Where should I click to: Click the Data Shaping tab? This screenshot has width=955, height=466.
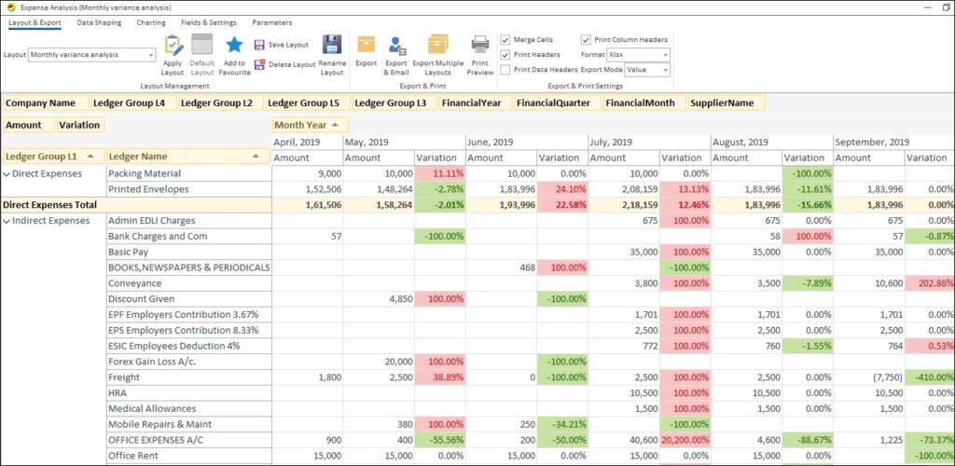click(x=99, y=22)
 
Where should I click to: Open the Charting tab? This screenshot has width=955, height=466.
click(x=150, y=22)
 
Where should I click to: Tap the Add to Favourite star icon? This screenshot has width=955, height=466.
click(x=234, y=45)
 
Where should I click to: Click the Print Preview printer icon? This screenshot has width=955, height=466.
click(x=479, y=45)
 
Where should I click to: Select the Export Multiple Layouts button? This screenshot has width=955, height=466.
click(x=437, y=45)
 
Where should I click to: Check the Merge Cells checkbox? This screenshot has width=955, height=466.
click(x=505, y=40)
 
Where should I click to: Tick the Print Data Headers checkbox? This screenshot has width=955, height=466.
click(x=505, y=69)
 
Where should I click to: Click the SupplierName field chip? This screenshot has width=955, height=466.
click(x=722, y=103)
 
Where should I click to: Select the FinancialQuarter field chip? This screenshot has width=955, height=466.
click(x=554, y=103)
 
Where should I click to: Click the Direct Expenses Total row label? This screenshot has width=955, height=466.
click(x=49, y=204)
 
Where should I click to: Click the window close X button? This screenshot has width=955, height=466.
click(x=946, y=7)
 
